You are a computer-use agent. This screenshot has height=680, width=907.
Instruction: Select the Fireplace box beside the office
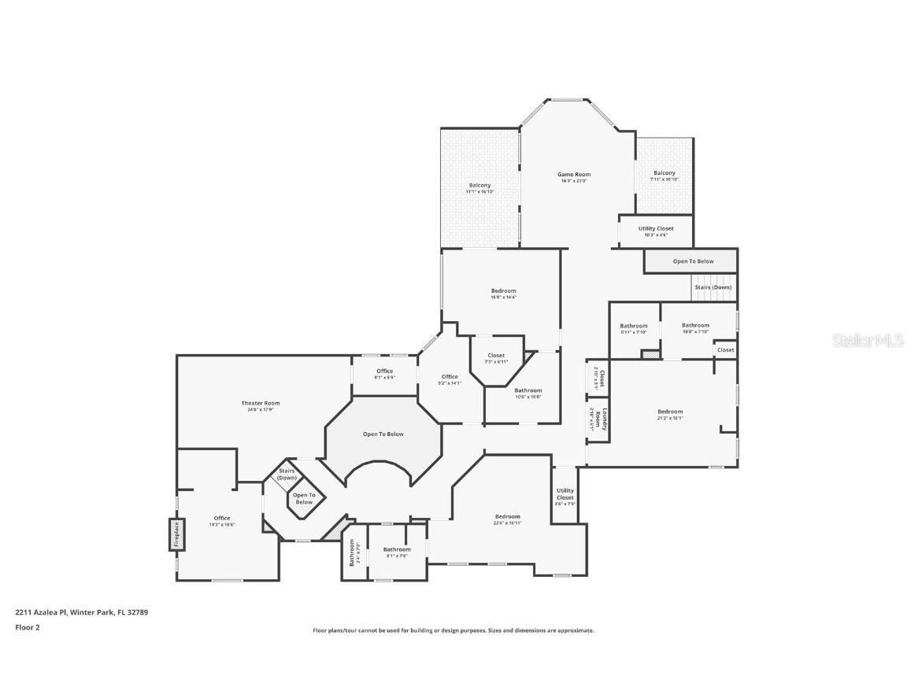(x=176, y=534)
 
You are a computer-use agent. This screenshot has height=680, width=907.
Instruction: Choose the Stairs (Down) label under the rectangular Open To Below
(x=713, y=287)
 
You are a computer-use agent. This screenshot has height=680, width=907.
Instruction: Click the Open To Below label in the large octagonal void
(x=383, y=434)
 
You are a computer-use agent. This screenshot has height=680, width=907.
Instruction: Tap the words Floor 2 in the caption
(x=27, y=627)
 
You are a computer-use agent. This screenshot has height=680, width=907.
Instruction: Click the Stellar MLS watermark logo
(x=864, y=340)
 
